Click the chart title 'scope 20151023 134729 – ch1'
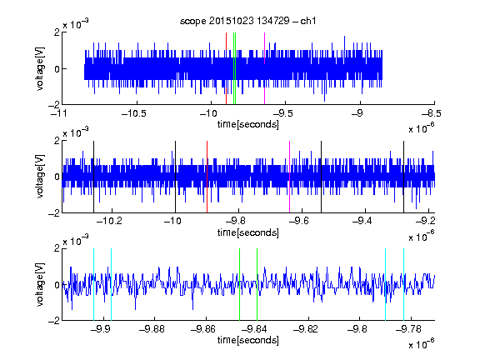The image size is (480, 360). coord(248,21)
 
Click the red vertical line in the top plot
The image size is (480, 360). coord(226,68)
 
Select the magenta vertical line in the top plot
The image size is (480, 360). coord(264,68)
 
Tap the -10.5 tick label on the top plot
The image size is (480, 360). coord(134,114)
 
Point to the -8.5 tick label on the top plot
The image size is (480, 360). coord(431,114)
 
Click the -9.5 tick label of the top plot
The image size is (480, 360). coord(282,114)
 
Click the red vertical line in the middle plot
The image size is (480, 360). coord(207,177)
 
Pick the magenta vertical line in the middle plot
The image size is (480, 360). coord(290,177)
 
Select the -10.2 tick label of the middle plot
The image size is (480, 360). coord(109,221)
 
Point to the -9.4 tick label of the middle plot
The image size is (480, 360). coord(362,221)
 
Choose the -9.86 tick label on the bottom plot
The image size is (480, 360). coord(203,329)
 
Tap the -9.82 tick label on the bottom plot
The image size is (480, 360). coord(306,329)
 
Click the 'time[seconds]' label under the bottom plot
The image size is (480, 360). coord(248,340)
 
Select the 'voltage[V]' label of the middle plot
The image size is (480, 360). coord(40,177)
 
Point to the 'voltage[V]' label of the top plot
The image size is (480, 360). coord(40,68)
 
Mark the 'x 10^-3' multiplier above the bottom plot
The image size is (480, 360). coord(76,240)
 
